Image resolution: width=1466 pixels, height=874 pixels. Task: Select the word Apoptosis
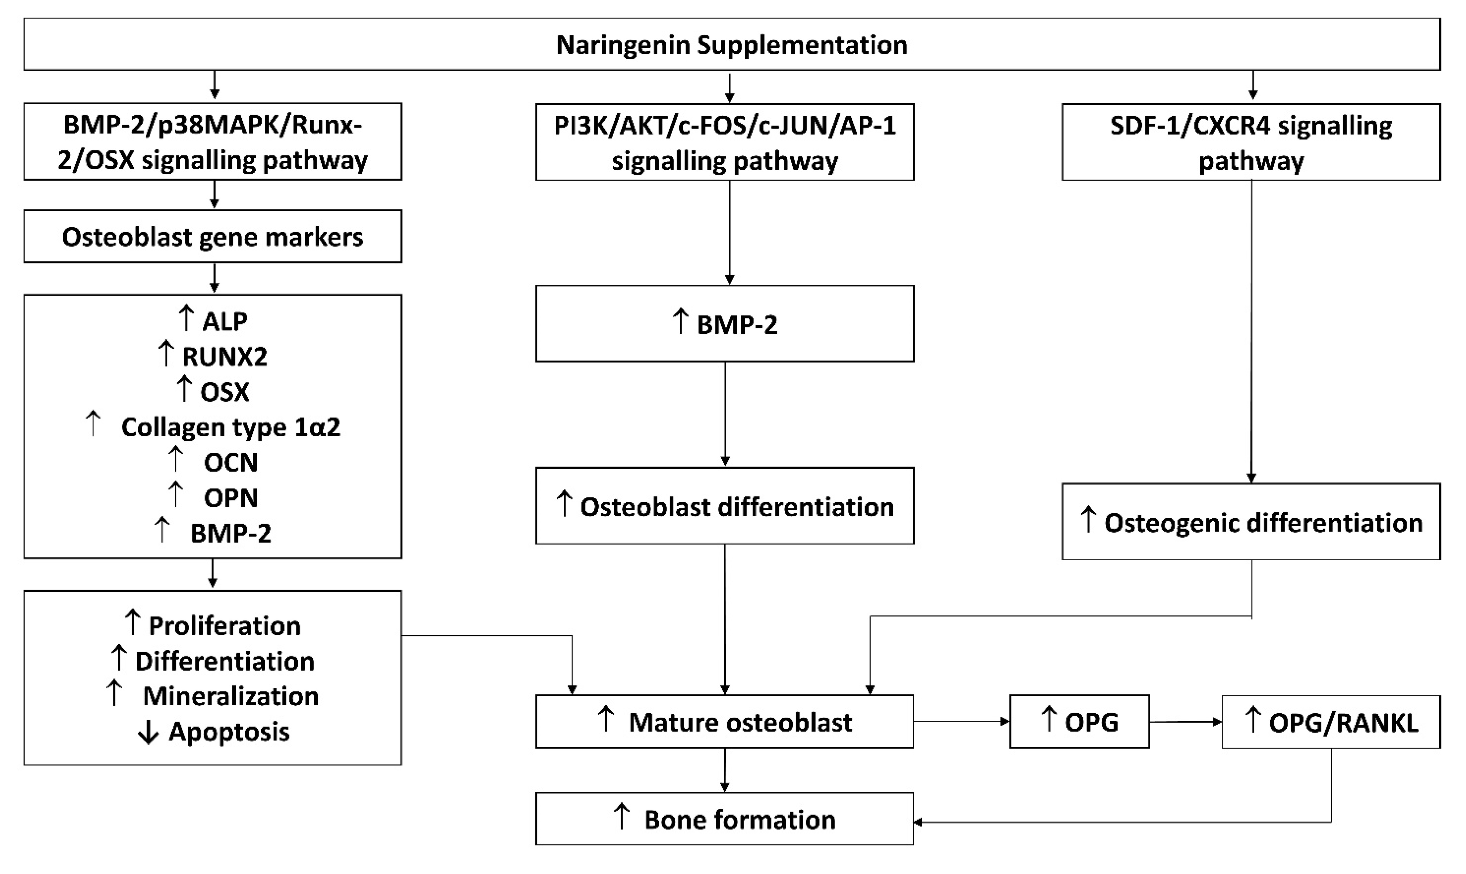point(229,732)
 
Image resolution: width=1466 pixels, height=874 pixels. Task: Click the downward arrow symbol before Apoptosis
point(148,733)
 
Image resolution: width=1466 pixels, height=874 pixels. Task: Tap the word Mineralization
point(230,697)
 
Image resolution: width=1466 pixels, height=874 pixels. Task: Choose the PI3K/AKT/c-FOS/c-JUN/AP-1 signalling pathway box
point(725,142)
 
